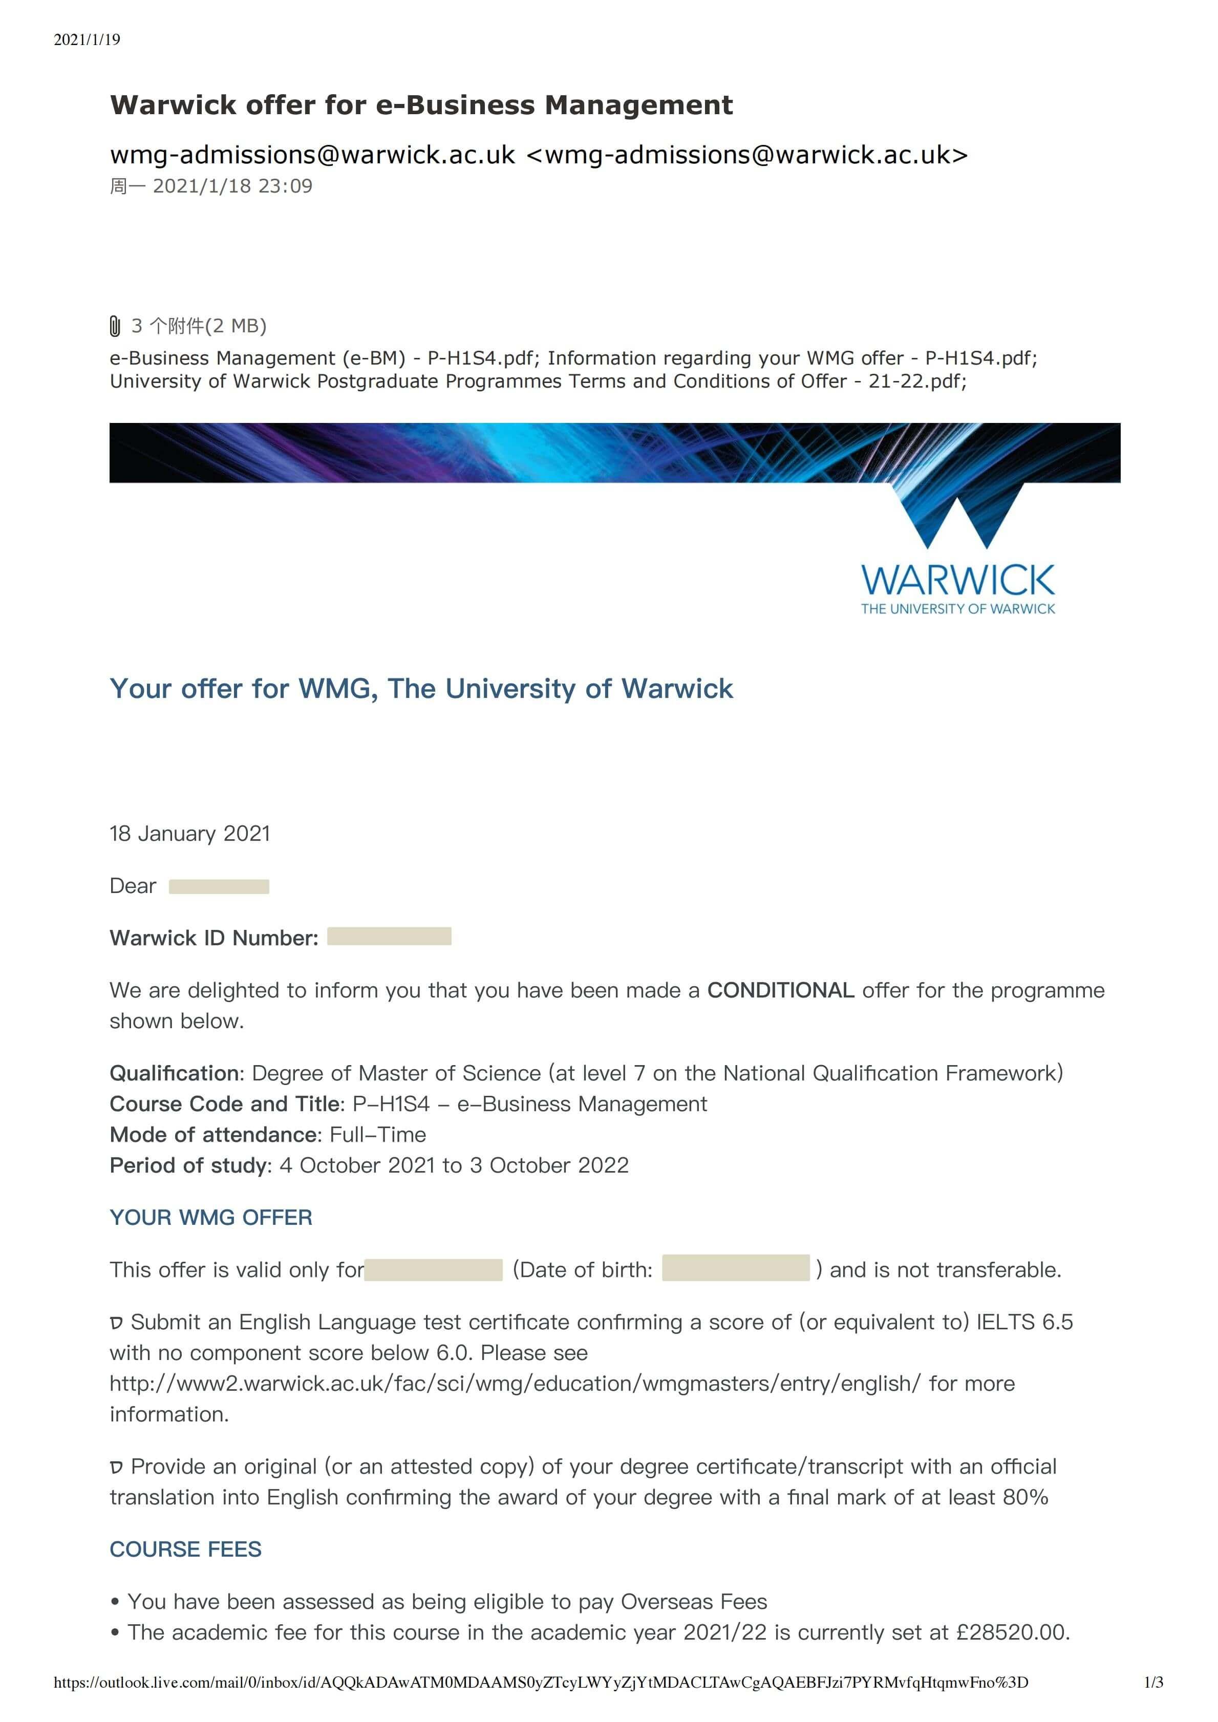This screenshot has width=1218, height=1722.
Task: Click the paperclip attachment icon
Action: pos(115,326)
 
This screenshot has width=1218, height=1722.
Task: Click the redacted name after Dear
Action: pos(219,886)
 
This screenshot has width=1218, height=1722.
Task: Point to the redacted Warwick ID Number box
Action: pos(389,936)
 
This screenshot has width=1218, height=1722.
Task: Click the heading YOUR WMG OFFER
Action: pos(211,1217)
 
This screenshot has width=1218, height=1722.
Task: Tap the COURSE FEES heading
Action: pos(185,1549)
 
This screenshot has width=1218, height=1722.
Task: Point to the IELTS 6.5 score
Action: pos(1024,1322)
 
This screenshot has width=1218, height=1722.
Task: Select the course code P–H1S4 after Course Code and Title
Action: pos(391,1104)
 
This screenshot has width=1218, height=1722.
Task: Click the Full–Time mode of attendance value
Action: pos(378,1135)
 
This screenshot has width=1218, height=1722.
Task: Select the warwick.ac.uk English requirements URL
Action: pos(515,1383)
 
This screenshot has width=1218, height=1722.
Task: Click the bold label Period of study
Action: pos(189,1165)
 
